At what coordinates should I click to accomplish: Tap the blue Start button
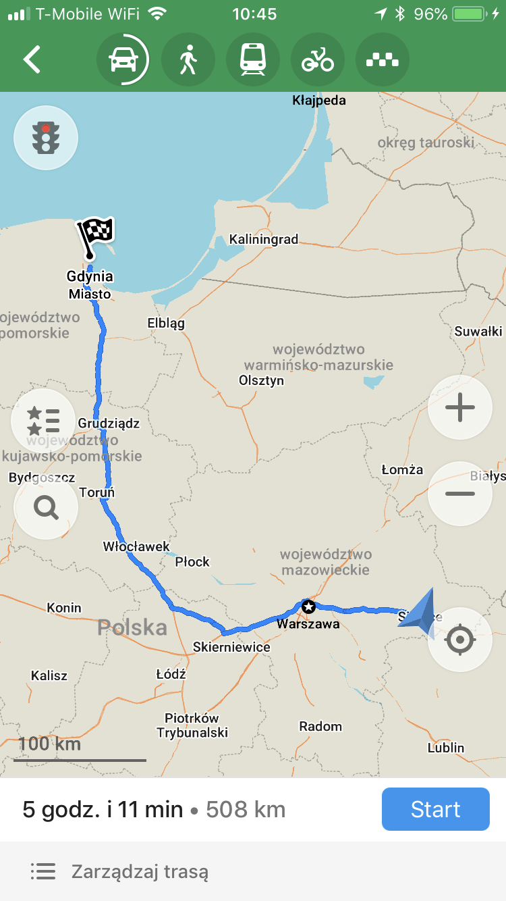(x=435, y=809)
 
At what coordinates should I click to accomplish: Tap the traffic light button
(x=46, y=138)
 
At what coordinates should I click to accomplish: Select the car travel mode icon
(x=123, y=60)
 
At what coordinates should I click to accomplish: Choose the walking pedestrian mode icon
(x=188, y=60)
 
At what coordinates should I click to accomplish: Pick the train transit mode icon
(x=252, y=60)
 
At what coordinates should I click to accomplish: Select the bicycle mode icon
(x=317, y=60)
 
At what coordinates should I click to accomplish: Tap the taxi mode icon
(x=382, y=60)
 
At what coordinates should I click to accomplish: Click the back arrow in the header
(x=32, y=59)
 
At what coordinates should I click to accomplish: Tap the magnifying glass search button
(x=46, y=507)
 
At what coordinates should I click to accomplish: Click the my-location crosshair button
(x=460, y=640)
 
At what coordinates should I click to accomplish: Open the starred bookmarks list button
(x=43, y=421)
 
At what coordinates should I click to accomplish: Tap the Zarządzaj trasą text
(x=140, y=872)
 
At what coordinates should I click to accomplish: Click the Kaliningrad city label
(x=263, y=240)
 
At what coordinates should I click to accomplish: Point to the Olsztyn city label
(x=261, y=380)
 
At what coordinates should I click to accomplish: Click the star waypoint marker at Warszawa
(x=308, y=606)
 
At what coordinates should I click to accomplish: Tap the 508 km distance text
(x=246, y=809)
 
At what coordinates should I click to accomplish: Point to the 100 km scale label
(x=49, y=744)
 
